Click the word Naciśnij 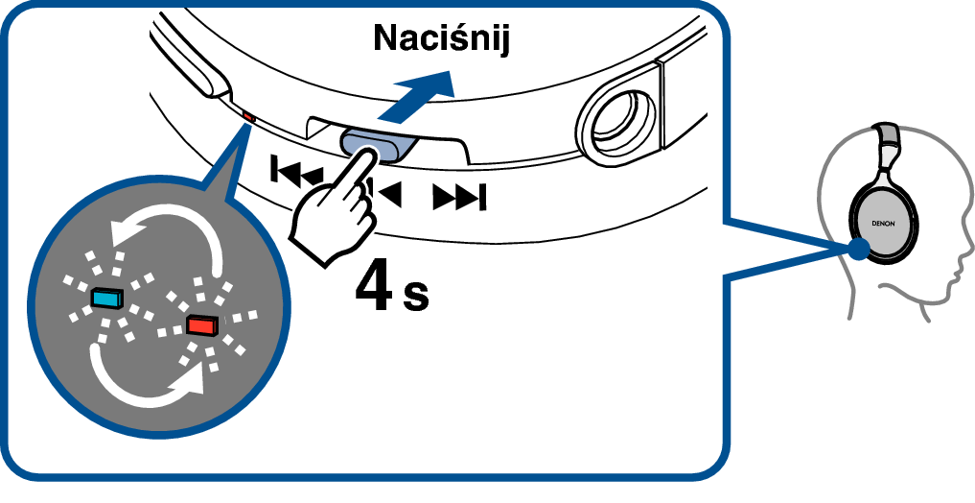[442, 37]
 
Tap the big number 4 [374, 288]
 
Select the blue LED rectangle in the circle [107, 299]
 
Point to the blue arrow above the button [415, 95]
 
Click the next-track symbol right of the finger [459, 198]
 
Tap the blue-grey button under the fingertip [377, 145]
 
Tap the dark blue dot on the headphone [859, 250]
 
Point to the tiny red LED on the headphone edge [247, 116]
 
